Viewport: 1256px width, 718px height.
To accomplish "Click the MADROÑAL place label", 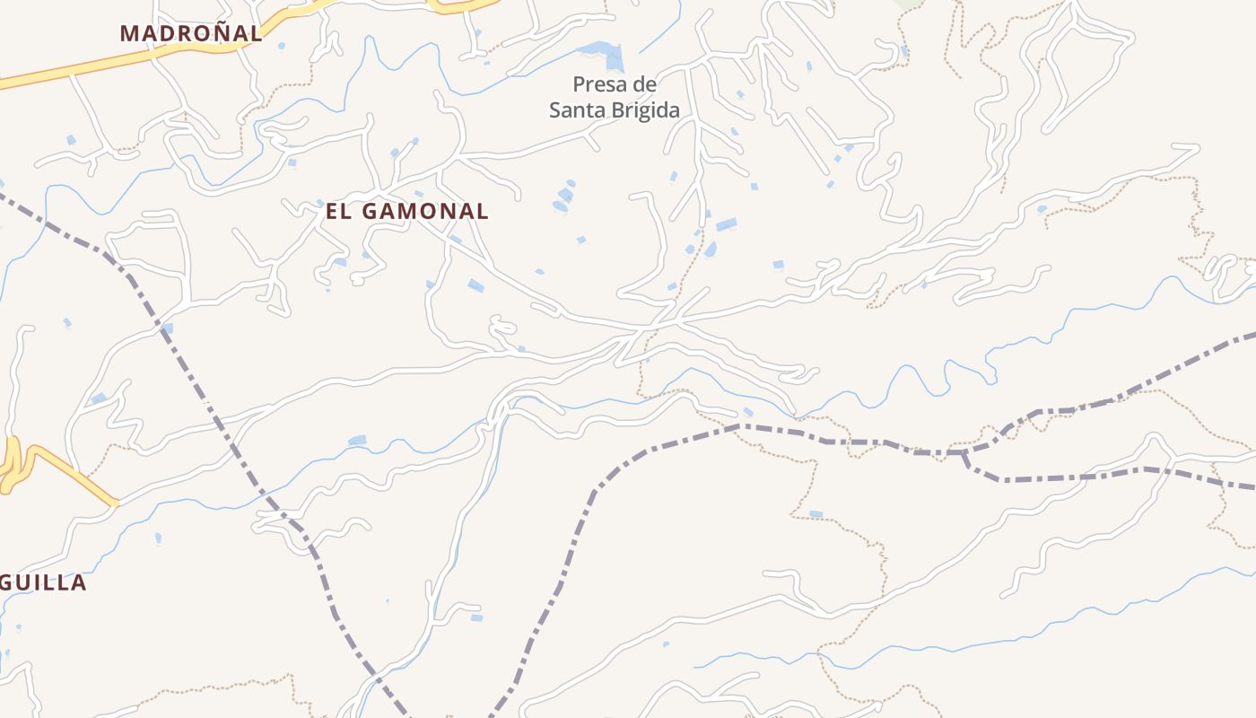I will click(x=191, y=33).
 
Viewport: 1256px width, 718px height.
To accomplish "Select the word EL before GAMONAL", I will click(x=336, y=212).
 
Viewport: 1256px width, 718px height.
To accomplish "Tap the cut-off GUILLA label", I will click(x=43, y=582).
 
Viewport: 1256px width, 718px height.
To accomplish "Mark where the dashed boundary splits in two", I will click(x=964, y=453).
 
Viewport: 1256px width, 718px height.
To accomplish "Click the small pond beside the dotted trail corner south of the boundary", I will click(x=815, y=514).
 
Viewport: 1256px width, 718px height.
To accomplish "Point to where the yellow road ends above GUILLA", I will click(x=115, y=503).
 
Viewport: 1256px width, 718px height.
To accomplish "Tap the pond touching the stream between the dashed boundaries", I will click(x=357, y=440).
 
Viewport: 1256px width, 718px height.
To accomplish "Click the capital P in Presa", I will click(x=580, y=85).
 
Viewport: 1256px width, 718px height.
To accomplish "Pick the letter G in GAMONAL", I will click(x=371, y=212).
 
